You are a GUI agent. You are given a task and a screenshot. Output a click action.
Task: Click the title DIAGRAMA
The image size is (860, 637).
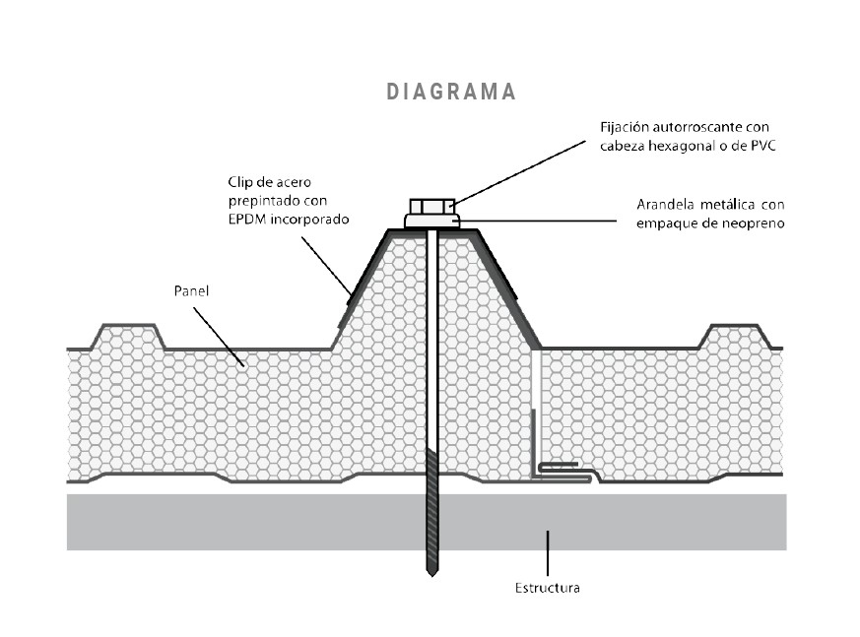pyautogui.click(x=451, y=92)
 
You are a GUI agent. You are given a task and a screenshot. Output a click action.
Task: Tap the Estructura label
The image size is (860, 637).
pyautogui.click(x=547, y=589)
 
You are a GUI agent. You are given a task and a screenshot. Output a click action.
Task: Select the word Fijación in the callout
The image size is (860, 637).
pyautogui.click(x=625, y=128)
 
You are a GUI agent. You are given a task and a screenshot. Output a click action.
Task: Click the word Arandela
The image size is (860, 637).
pyautogui.click(x=666, y=205)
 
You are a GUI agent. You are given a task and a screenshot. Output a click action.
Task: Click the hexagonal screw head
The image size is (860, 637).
pyautogui.click(x=431, y=206)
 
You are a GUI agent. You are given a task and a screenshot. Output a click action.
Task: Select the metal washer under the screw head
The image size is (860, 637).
pyautogui.click(x=431, y=222)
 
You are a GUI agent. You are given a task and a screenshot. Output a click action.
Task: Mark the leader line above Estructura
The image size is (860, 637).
pyautogui.click(x=548, y=552)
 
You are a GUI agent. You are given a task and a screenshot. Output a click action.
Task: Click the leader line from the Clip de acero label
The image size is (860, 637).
pyautogui.click(x=325, y=260)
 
